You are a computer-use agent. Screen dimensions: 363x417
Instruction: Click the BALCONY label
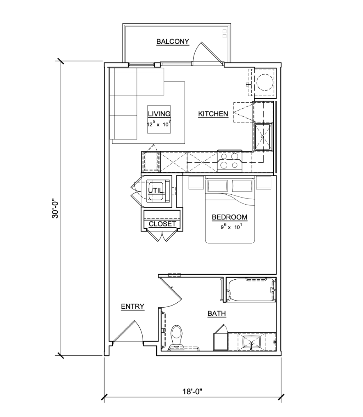[x=173, y=41]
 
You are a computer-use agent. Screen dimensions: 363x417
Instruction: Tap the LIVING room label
[x=159, y=114]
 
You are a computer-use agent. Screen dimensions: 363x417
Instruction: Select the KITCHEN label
[x=213, y=114]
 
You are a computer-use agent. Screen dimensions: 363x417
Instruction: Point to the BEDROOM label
[x=230, y=217]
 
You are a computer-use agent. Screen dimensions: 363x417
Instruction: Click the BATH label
[x=217, y=314]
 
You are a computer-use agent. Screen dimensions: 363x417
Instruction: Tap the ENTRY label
[x=133, y=306]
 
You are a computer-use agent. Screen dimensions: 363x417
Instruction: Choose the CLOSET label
[x=162, y=224]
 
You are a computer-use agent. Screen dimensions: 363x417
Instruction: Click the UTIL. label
[x=157, y=190]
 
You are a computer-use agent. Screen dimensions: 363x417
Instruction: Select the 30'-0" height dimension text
[x=55, y=208]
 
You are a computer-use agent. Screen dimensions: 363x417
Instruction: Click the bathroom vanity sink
[x=251, y=342]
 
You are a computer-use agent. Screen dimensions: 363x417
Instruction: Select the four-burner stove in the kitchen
[x=230, y=161]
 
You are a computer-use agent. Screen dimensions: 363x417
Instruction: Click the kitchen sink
[x=263, y=137]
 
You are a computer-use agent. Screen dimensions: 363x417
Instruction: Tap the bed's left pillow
[x=218, y=185]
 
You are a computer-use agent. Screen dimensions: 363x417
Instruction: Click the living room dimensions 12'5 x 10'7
[x=159, y=124]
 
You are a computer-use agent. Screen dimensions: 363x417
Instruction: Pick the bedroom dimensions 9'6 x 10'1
[x=231, y=227]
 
